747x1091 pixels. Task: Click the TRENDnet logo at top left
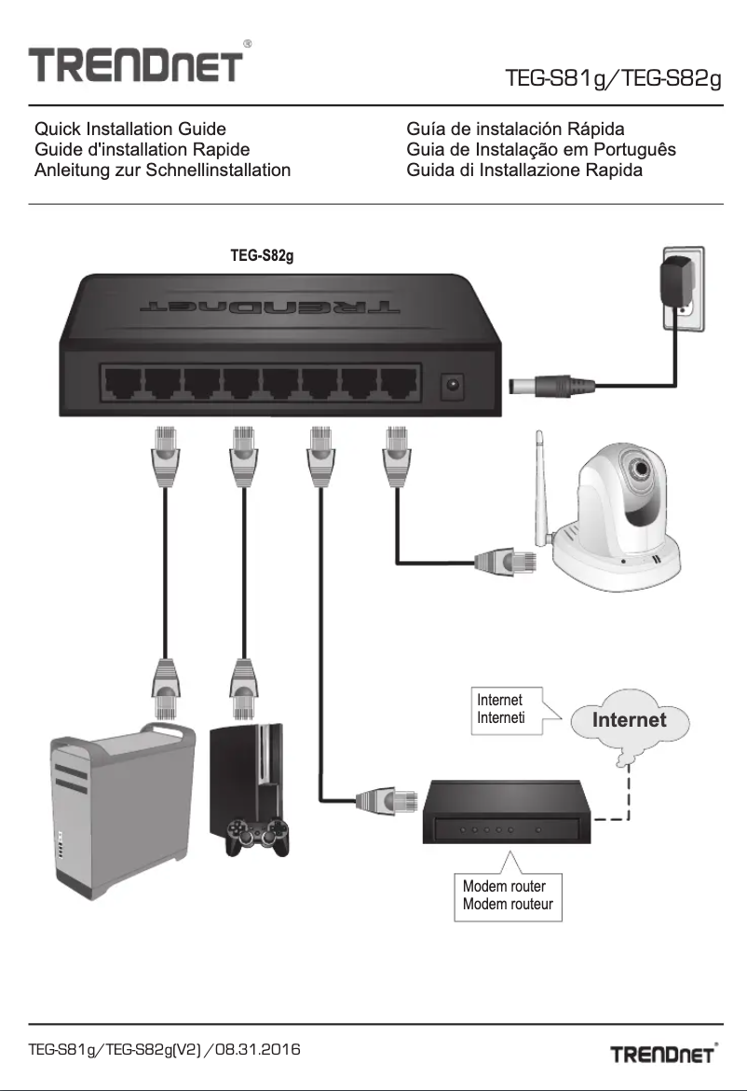[x=136, y=68]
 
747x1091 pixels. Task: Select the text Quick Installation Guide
[x=129, y=129]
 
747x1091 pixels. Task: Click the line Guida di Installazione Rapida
[x=524, y=170]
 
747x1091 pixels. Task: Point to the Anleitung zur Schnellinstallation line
[x=162, y=170]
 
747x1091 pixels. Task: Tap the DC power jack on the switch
[x=455, y=383]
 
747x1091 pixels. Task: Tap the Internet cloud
[x=631, y=722]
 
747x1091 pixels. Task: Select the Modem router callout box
[x=508, y=895]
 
